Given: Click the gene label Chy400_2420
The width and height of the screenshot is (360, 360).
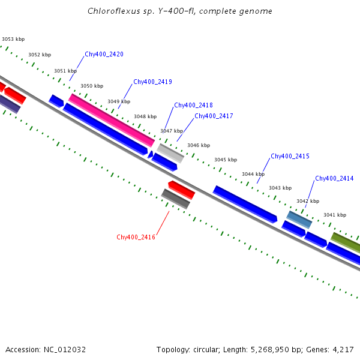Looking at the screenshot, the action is click(x=104, y=54).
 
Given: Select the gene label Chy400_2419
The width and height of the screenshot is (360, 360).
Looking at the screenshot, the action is click(x=152, y=82).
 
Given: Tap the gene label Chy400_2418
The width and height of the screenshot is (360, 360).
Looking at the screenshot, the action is click(x=193, y=105).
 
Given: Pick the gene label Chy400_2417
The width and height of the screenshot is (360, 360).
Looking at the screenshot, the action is click(x=214, y=116).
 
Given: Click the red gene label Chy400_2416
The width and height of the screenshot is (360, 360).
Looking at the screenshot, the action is click(x=136, y=237).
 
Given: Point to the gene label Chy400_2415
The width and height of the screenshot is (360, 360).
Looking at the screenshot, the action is click(x=290, y=156).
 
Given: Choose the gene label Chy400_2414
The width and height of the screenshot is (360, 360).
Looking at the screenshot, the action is click(x=334, y=178).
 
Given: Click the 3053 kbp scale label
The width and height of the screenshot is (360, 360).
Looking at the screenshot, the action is click(x=13, y=39).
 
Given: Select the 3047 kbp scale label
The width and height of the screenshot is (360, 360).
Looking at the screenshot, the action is click(x=171, y=131).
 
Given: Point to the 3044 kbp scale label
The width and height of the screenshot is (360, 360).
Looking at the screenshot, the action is click(x=253, y=174).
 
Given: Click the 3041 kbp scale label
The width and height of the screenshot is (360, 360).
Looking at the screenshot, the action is click(x=335, y=215).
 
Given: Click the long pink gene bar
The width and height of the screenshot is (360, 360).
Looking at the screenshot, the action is click(x=112, y=119).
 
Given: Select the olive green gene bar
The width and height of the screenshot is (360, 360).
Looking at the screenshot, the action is click(x=346, y=242).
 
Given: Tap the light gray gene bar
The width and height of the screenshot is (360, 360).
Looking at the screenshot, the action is click(x=170, y=153).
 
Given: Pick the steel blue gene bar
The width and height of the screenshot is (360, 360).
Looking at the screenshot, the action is click(x=299, y=220).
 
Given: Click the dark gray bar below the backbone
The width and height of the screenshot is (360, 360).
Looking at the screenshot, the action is click(x=175, y=199).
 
